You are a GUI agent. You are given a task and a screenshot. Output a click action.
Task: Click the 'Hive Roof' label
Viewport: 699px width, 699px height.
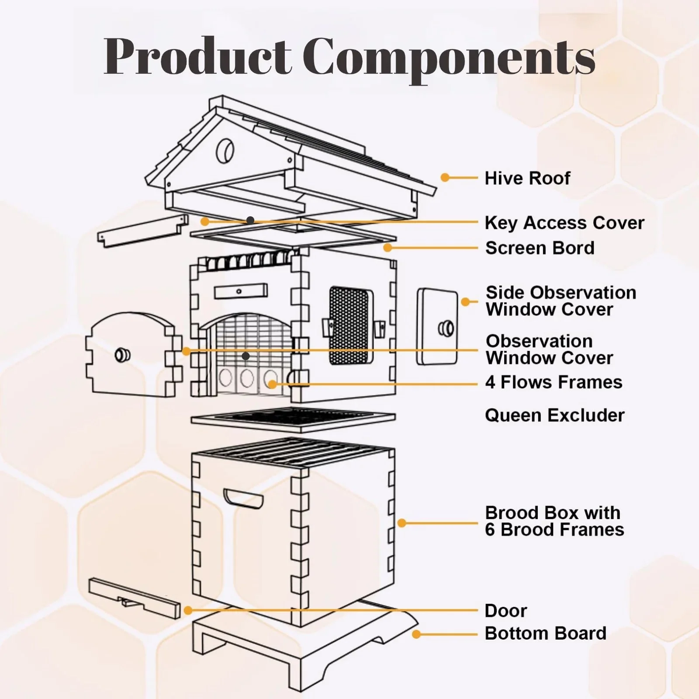(x=527, y=178)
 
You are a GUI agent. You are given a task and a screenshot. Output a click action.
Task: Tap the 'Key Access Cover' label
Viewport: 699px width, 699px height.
(x=564, y=223)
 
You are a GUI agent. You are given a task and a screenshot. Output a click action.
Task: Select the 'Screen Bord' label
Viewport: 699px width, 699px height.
(x=540, y=248)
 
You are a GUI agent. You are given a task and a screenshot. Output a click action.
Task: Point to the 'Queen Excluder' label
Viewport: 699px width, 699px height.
(x=555, y=415)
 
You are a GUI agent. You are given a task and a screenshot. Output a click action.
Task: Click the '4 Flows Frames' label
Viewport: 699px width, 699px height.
(x=554, y=382)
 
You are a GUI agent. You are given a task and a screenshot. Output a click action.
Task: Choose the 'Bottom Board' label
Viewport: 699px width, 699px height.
(x=546, y=633)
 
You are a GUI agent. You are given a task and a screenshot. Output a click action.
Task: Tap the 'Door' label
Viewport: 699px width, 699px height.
(x=506, y=611)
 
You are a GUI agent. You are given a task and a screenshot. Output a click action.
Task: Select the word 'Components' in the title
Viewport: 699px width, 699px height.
(x=449, y=59)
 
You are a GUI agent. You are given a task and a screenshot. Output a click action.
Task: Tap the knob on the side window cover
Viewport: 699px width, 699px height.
(x=446, y=328)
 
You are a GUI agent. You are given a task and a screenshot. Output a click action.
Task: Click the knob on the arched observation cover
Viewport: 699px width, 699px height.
(x=122, y=354)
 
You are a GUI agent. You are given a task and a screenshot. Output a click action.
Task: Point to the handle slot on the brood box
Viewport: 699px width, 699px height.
(x=243, y=498)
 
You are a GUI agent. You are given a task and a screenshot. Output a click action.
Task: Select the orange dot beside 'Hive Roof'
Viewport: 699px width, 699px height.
(x=445, y=177)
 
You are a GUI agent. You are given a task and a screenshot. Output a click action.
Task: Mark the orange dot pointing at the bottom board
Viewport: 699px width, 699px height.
(x=416, y=634)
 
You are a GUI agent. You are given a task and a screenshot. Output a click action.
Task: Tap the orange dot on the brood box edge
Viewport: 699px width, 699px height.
(x=402, y=523)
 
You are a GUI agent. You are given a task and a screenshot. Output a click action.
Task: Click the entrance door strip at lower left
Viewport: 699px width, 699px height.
(x=135, y=598)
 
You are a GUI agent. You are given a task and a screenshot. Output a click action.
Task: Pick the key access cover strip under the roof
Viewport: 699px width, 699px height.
(x=143, y=230)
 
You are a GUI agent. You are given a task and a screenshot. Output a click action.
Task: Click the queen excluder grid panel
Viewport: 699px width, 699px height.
(x=293, y=419)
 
